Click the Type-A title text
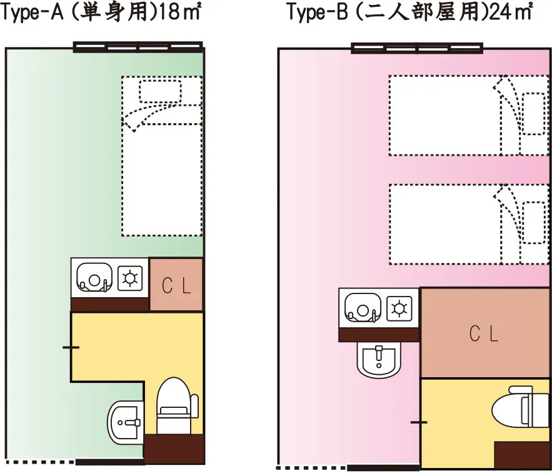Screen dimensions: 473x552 [100, 13]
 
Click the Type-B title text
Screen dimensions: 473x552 [409, 13]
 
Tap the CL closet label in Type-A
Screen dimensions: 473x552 [177, 285]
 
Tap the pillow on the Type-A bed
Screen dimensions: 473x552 [160, 91]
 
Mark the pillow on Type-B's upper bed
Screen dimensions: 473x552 [533, 113]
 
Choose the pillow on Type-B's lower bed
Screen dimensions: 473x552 [533, 222]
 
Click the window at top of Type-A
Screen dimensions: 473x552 [138, 46]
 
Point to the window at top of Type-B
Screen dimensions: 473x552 [418, 48]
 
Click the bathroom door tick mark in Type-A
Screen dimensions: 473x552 [71, 347]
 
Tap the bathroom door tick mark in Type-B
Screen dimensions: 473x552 [419, 423]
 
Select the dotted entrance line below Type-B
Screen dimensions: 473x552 [311, 467]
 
